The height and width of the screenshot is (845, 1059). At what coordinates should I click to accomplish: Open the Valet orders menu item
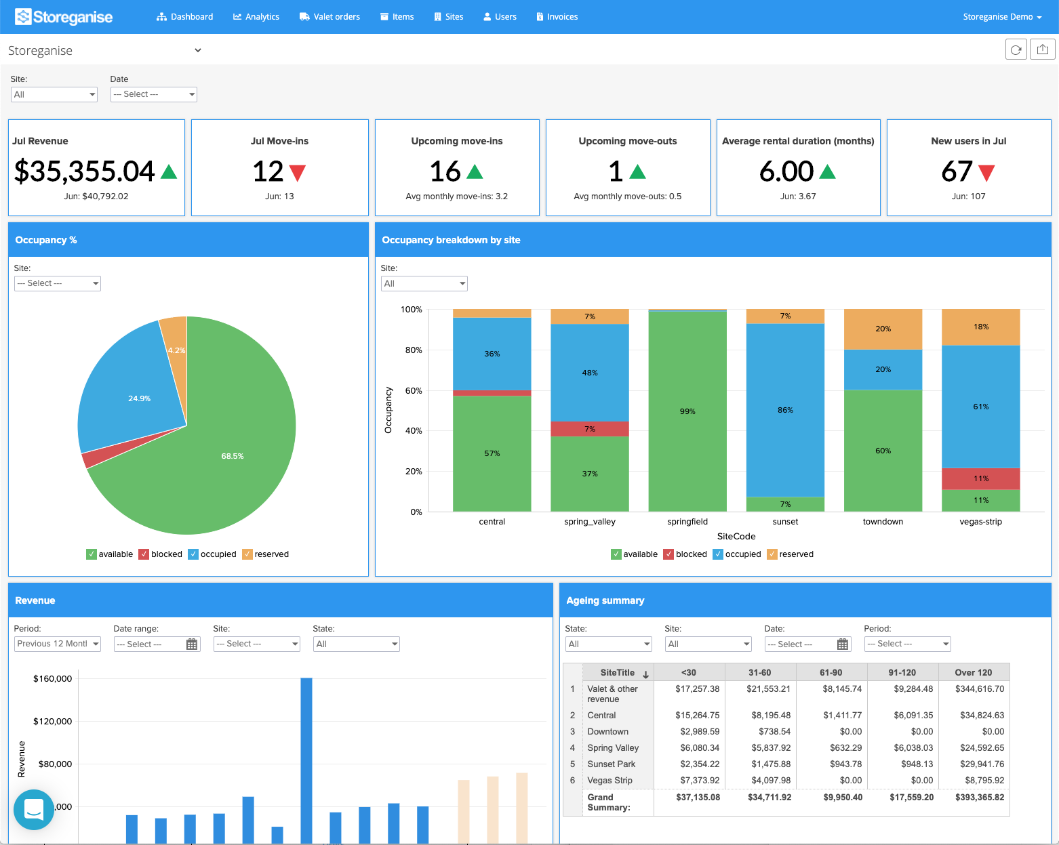329,17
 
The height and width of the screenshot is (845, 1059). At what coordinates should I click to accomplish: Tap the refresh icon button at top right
1016,49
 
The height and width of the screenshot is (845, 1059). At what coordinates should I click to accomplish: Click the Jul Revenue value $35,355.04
85,171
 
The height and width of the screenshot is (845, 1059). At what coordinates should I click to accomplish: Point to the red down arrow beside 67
986,173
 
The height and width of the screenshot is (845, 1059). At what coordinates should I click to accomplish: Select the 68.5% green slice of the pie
233,456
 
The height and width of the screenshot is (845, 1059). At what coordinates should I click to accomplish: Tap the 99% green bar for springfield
687,411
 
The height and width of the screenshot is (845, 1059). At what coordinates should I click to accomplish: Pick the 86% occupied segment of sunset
785,410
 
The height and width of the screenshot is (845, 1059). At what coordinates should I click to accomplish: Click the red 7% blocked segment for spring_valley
590,429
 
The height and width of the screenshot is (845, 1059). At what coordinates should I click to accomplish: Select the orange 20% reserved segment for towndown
883,329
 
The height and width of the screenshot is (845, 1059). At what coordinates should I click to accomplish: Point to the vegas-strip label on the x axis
980,522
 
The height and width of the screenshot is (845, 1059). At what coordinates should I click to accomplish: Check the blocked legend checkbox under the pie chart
144,554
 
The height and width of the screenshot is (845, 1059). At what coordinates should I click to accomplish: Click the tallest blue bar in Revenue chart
306,759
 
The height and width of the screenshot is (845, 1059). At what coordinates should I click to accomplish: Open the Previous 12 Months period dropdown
58,644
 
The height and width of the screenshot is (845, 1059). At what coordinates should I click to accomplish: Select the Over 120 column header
973,673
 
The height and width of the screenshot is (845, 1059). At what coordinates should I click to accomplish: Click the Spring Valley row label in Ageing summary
613,748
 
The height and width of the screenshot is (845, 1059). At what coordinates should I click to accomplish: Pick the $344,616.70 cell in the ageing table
979,689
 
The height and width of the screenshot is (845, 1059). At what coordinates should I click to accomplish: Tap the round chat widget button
34,809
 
